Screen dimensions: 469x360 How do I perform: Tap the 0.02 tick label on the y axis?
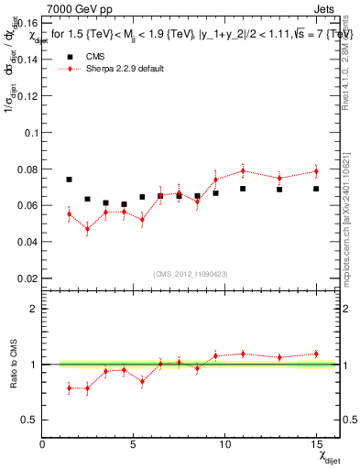point(29,278)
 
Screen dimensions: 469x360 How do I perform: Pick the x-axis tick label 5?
point(134,443)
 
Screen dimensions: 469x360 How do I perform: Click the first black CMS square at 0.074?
point(70,180)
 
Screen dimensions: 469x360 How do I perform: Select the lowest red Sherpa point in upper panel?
point(88,229)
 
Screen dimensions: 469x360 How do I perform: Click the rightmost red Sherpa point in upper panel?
point(316,171)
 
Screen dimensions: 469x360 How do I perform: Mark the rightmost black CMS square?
point(316,189)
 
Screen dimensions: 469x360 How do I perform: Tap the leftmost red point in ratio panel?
point(70,388)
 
